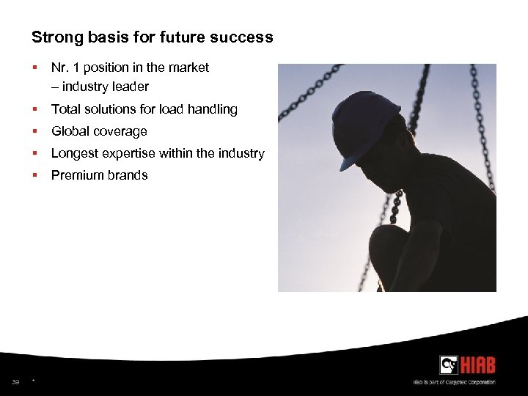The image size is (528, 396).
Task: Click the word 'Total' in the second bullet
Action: pos(65,109)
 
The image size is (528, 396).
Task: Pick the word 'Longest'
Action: pos(73,153)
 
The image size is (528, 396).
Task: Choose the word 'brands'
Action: pos(127,175)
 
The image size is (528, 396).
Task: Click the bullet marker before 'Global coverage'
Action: pos(34,131)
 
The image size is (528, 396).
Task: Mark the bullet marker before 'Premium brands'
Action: pos(34,175)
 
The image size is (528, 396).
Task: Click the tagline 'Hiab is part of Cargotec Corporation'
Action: pos(453,382)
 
